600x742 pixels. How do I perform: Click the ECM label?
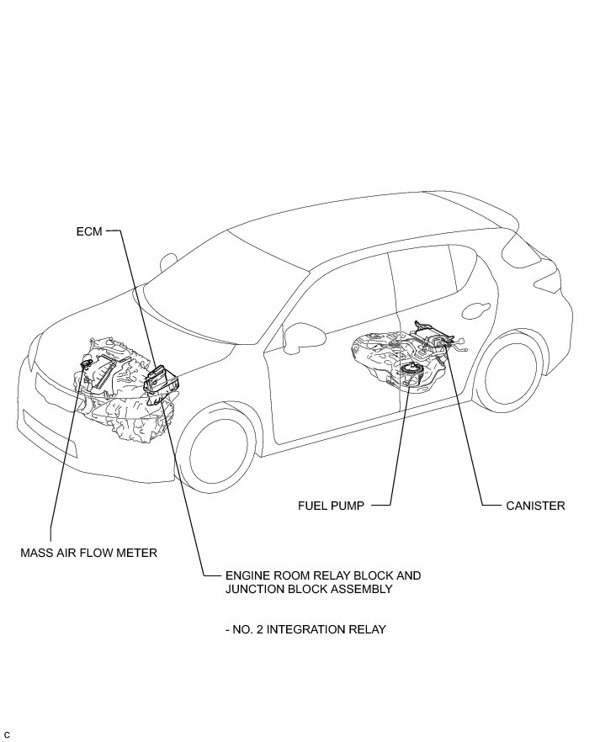(x=88, y=231)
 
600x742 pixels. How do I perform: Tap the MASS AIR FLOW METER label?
(x=89, y=553)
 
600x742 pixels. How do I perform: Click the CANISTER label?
(x=535, y=506)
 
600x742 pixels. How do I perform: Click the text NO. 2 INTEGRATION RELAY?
(x=305, y=629)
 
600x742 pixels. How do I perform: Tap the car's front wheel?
(x=220, y=455)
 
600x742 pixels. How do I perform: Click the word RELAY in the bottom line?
(x=367, y=629)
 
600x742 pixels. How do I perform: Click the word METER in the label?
(x=138, y=553)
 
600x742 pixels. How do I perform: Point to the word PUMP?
(x=349, y=506)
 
